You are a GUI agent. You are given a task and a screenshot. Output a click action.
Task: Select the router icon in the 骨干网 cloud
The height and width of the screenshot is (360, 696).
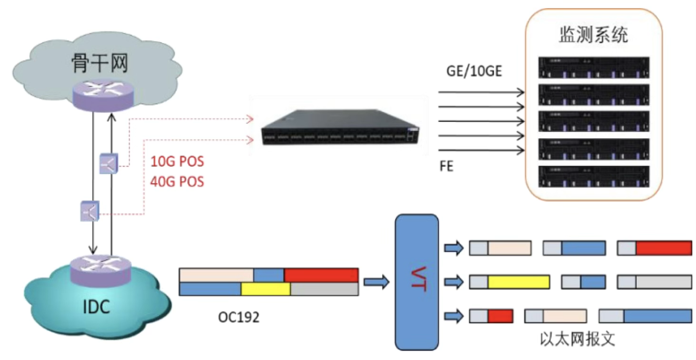(103, 94)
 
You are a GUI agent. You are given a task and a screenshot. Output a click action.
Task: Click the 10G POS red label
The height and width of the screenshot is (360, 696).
(177, 162)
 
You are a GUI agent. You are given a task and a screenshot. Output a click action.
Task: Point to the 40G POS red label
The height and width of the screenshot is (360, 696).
(177, 181)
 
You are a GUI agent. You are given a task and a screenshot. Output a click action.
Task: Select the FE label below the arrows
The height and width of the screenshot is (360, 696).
(447, 167)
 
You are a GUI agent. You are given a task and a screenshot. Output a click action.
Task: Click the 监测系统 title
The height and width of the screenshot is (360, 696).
(593, 36)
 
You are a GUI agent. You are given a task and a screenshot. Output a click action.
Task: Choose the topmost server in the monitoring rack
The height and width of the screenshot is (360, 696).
(594, 67)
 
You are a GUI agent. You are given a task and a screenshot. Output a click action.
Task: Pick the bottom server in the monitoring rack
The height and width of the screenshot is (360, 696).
(594, 176)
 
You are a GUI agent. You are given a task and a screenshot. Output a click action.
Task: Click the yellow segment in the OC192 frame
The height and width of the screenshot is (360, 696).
(265, 289)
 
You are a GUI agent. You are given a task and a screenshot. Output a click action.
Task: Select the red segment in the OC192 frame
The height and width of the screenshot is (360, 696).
(321, 275)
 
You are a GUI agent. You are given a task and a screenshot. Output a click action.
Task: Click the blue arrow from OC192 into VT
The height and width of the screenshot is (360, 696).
(377, 282)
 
